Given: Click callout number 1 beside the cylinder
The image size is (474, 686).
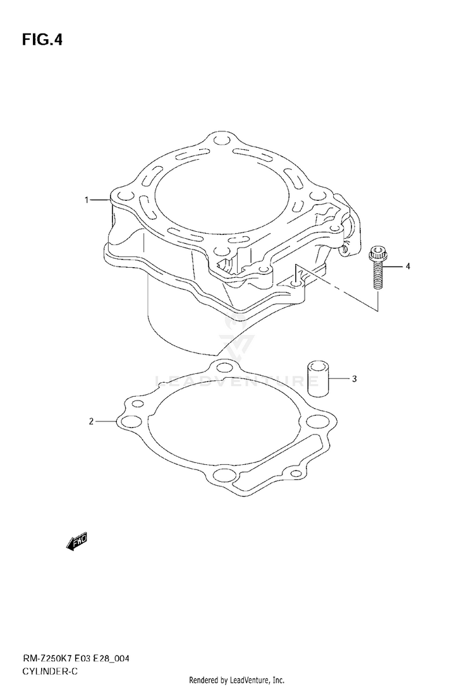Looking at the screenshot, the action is pos(87,200).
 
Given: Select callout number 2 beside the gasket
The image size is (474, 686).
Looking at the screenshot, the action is pos(91,421).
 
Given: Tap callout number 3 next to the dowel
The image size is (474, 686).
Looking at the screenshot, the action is pos(355,379).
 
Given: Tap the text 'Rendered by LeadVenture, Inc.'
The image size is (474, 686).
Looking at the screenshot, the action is pos(237,680).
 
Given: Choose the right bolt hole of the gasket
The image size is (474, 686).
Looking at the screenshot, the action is pos(314,422).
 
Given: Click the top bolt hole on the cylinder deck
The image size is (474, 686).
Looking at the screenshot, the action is pos(221,140).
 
